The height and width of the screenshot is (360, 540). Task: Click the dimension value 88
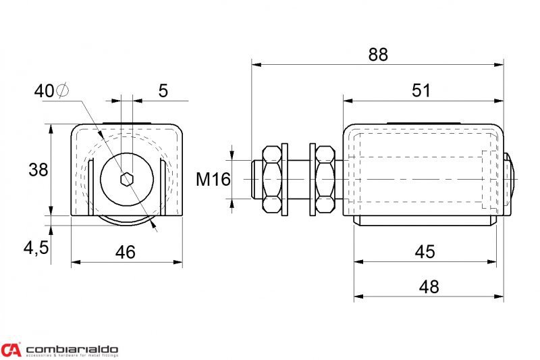click(378, 55)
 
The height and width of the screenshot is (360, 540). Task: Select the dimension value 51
click(421, 91)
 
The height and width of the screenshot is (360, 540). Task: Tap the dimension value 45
click(424, 251)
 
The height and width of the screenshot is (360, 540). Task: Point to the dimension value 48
click(428, 286)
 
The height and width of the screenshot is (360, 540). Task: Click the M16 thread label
click(213, 180)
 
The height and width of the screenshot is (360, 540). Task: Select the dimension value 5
click(163, 91)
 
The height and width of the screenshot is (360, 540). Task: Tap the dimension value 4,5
click(36, 248)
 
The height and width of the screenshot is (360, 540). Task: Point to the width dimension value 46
click(125, 252)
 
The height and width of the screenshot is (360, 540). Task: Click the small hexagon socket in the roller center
click(126, 179)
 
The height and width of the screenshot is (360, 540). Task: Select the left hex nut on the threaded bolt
click(273, 179)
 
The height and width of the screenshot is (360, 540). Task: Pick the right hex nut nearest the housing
click(324, 179)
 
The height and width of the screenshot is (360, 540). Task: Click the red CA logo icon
click(11, 349)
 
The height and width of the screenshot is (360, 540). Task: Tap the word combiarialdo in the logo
click(71, 346)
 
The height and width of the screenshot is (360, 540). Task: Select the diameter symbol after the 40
click(62, 91)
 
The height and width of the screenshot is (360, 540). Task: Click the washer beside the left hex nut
click(286, 179)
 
